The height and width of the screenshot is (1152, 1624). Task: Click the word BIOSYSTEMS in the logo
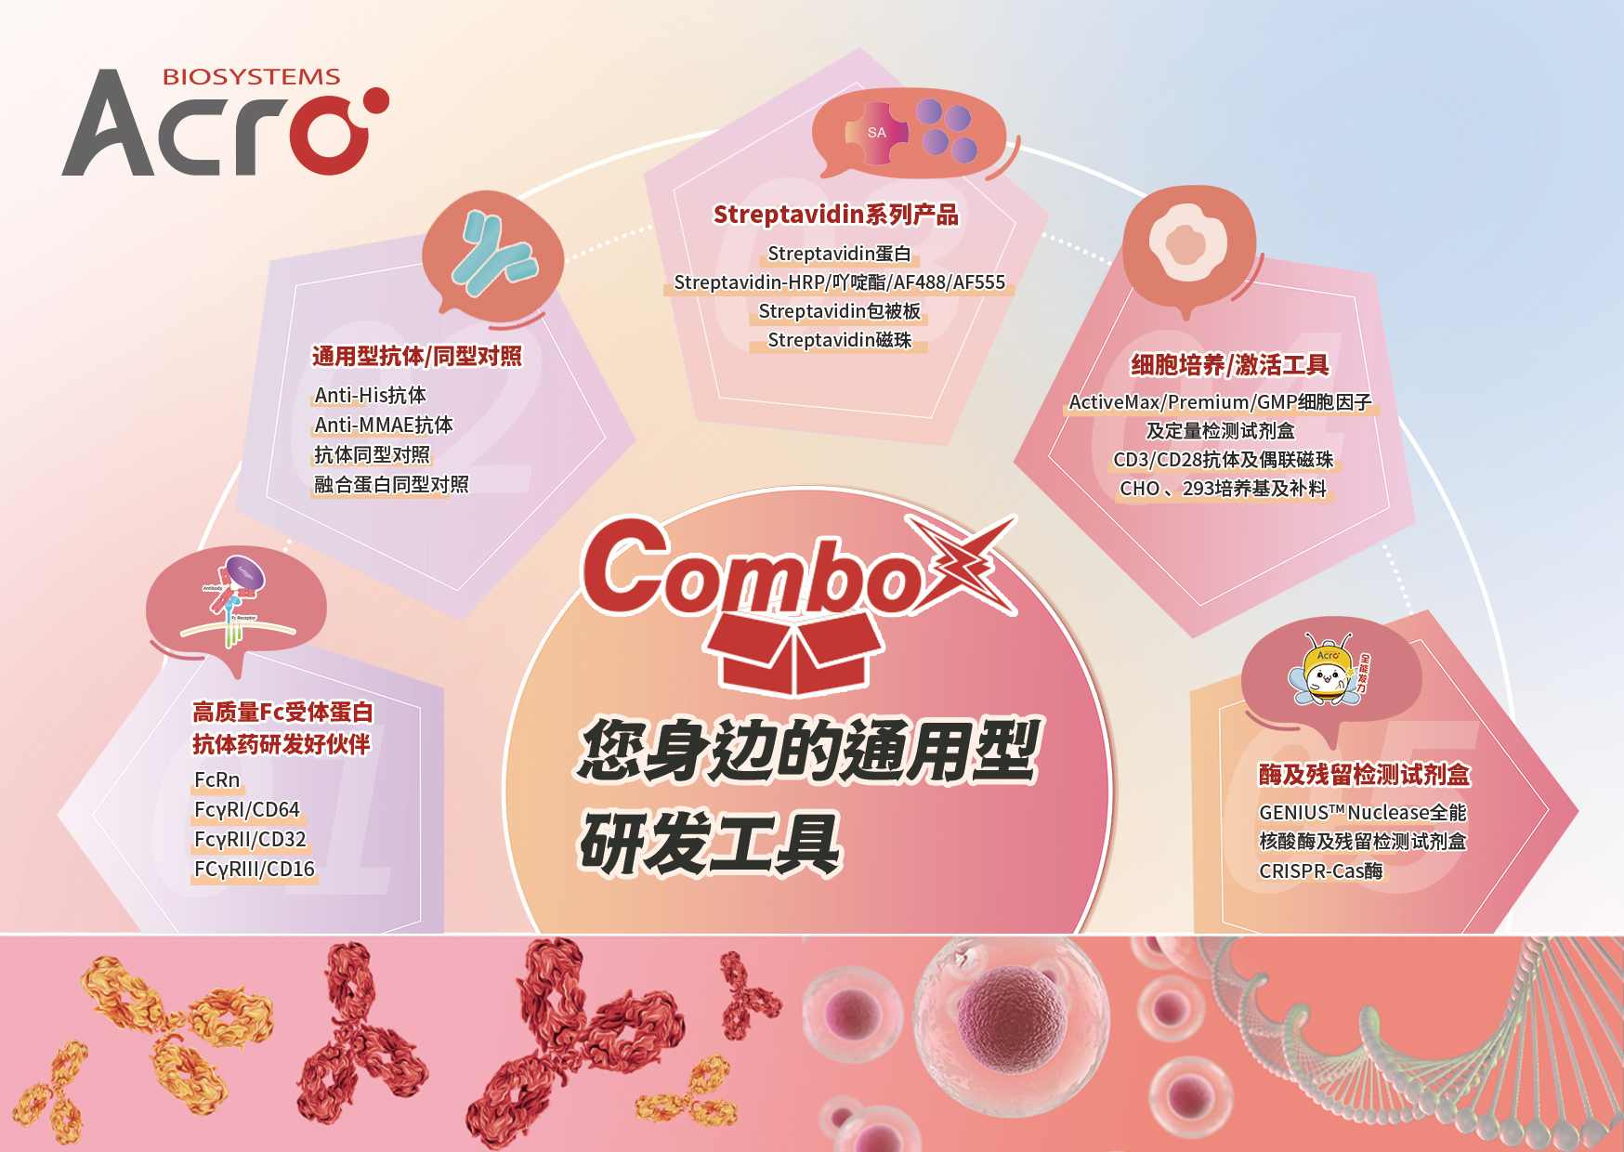tap(251, 77)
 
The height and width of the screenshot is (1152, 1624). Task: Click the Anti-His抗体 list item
tap(370, 395)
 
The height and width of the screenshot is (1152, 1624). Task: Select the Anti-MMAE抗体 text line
tap(384, 425)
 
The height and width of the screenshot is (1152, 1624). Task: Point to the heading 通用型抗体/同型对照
tap(416, 356)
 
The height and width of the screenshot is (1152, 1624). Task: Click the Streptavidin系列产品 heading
tap(835, 215)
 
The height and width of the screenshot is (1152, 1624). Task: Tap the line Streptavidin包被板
tap(839, 311)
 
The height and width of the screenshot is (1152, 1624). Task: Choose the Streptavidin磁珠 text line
tap(839, 340)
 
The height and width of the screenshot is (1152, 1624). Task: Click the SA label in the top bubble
tap(876, 133)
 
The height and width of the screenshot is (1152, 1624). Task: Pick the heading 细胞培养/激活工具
tap(1229, 365)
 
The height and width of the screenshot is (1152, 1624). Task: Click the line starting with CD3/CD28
tap(1223, 460)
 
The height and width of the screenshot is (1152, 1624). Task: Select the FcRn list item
tap(216, 779)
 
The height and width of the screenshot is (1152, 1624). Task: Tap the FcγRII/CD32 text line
tap(250, 839)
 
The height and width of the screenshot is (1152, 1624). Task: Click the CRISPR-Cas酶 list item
tap(1320, 871)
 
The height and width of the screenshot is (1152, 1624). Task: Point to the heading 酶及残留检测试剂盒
tap(1364, 775)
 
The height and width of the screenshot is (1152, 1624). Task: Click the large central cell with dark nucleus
tap(1011, 1022)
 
